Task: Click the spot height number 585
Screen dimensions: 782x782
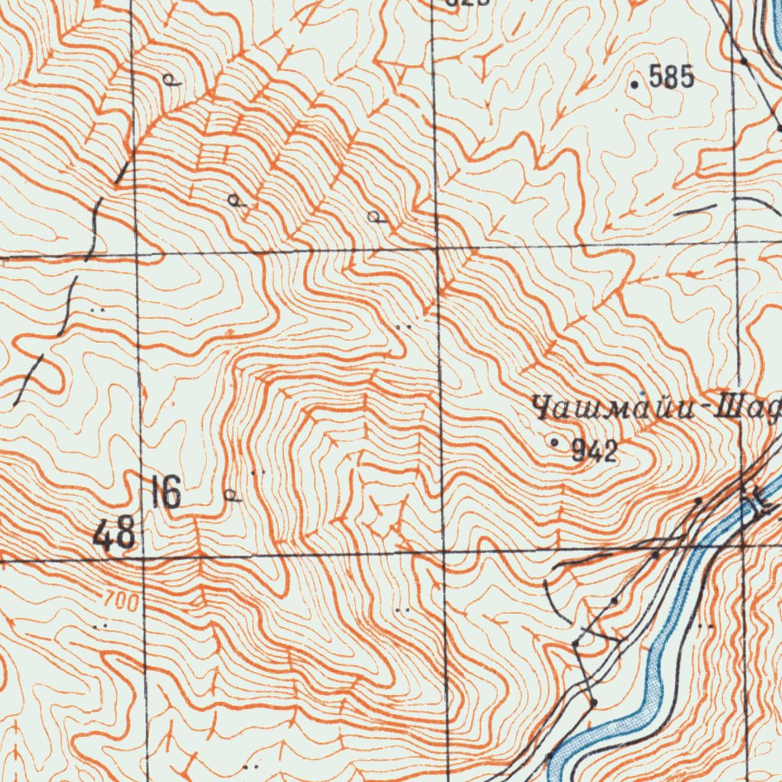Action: pos(671,77)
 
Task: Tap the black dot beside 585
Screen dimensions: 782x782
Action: pos(635,84)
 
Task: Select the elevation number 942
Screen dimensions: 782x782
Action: pos(594,451)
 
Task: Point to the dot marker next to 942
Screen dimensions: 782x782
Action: pos(554,442)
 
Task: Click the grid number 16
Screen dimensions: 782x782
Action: pos(166,493)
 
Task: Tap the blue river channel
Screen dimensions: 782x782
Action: pos(657,657)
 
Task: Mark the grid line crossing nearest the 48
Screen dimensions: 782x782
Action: pos(144,558)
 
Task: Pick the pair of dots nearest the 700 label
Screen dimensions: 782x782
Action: pos(99,625)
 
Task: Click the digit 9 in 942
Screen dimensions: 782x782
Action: pos(580,451)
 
